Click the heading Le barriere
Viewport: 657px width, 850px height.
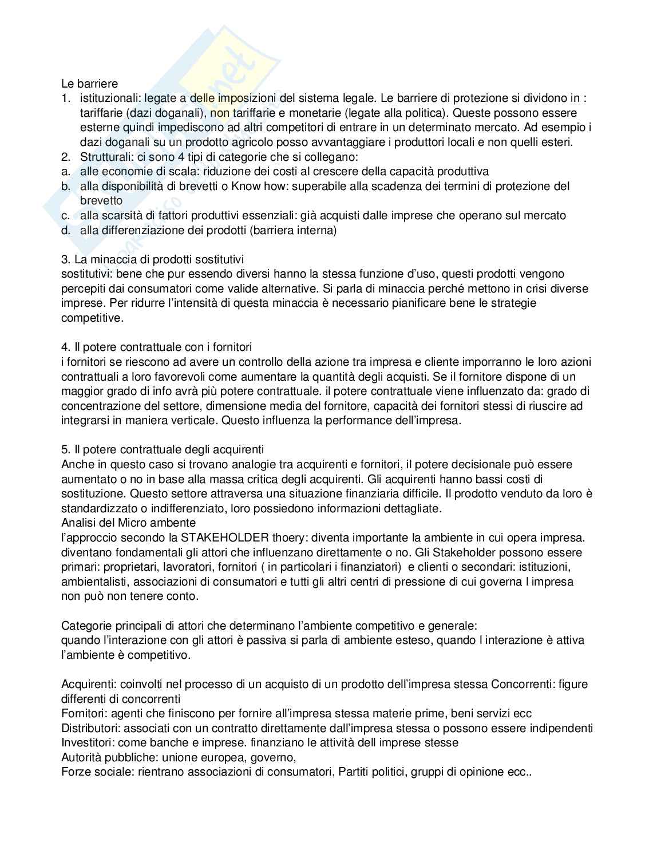click(89, 84)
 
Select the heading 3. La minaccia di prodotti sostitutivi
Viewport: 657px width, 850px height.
click(153, 259)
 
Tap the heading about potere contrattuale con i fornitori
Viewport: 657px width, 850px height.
click(156, 347)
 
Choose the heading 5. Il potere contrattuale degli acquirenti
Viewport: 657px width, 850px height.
click(163, 449)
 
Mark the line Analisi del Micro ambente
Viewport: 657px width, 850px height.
click(128, 523)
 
